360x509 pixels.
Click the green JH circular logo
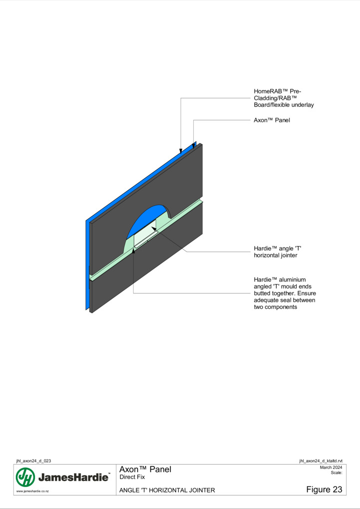[25, 477]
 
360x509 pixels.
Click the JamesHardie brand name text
[73, 477]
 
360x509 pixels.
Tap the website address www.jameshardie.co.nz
[32, 491]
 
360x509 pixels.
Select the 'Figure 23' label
[324, 490]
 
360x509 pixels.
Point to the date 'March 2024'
[331, 468]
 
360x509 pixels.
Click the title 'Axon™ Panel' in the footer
[145, 469]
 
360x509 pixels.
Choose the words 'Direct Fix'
[132, 477]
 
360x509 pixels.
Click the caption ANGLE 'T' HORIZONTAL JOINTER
[167, 490]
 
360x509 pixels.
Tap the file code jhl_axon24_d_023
[33, 461]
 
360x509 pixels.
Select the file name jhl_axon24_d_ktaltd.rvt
[321, 461]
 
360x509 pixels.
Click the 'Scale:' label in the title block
[337, 473]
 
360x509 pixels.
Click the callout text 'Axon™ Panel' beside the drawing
[272, 120]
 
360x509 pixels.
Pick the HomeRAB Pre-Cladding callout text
[284, 98]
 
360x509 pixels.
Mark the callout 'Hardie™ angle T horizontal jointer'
[278, 252]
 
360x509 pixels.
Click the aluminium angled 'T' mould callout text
[285, 293]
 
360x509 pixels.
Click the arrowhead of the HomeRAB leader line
[181, 151]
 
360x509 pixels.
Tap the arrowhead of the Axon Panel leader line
[194, 146]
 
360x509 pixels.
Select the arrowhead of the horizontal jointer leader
[153, 229]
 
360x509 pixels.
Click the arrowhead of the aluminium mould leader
[133, 251]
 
